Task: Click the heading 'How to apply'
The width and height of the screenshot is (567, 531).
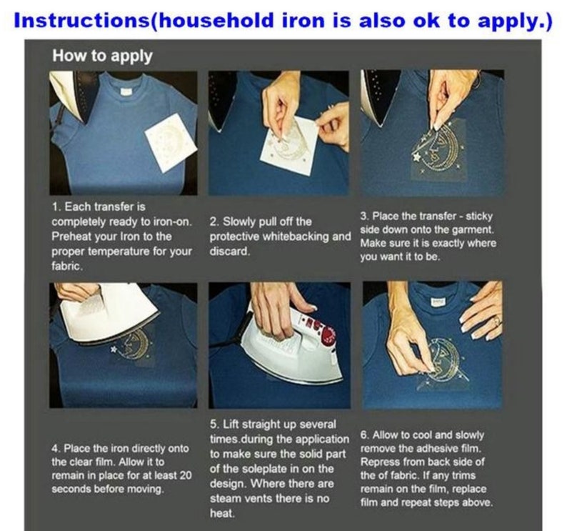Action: (x=102, y=56)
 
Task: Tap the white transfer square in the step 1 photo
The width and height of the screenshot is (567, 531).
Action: (x=171, y=139)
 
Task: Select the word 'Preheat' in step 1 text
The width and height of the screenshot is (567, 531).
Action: (x=71, y=237)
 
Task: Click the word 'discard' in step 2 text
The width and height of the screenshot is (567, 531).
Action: (x=229, y=251)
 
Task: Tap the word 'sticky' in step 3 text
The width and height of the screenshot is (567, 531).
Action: (x=479, y=217)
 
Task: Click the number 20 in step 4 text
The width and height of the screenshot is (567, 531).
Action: (x=186, y=476)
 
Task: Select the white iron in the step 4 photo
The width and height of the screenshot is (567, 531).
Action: (x=109, y=313)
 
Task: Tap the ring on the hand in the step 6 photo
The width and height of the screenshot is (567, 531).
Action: (x=498, y=320)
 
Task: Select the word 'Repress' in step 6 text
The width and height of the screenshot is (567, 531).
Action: (x=379, y=462)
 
